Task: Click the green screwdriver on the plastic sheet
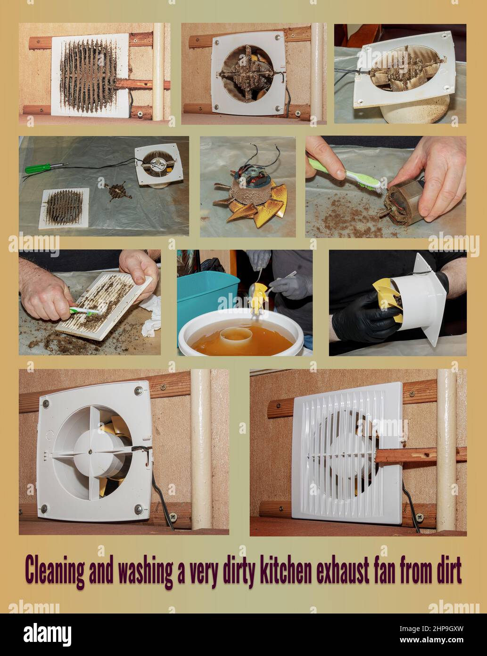point(46,168)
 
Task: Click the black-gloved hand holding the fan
point(363,320)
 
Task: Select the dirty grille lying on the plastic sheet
point(64,208)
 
